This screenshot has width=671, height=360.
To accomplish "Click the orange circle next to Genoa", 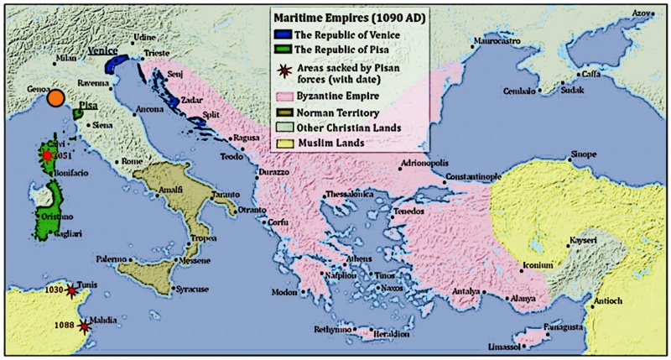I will pyautogui.click(x=55, y=99).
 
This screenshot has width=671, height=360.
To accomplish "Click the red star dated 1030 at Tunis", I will pyautogui.click(x=70, y=290).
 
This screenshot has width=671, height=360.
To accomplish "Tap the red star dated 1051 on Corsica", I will pyautogui.click(x=48, y=156).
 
